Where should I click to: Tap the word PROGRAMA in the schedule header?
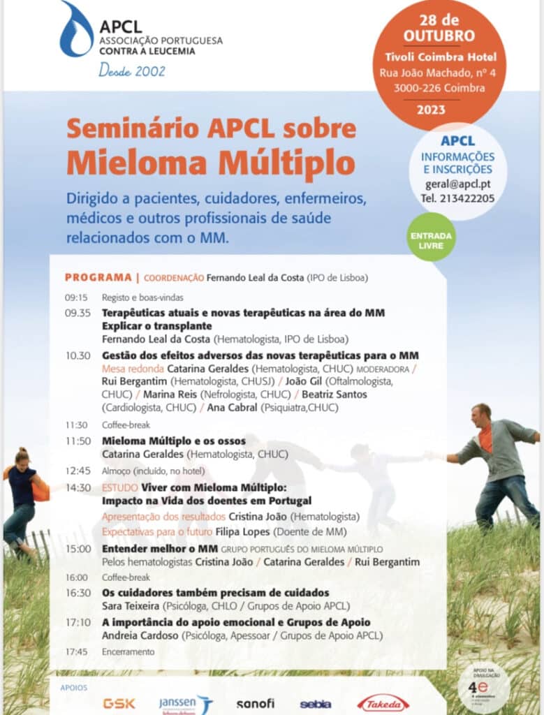click(x=98, y=277)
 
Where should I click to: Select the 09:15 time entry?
click(x=76, y=297)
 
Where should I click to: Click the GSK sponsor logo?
click(x=119, y=703)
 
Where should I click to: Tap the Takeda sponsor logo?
click(x=383, y=703)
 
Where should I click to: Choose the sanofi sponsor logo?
click(x=256, y=704)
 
